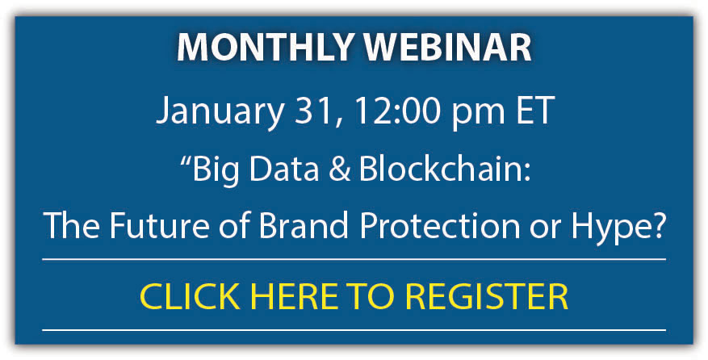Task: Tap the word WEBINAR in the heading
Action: [x=448, y=48]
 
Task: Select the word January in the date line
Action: [x=220, y=113]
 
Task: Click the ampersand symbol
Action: [x=340, y=169]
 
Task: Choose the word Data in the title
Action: [x=284, y=169]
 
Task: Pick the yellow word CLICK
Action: [x=190, y=296]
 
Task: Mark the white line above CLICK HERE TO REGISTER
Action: [x=354, y=259]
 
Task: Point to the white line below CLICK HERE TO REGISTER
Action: [x=354, y=330]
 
